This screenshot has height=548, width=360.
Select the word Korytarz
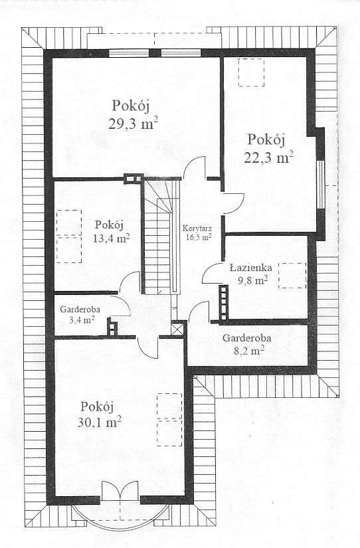click(196, 227)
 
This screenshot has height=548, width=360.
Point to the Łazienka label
click(250, 268)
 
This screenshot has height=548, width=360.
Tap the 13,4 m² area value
click(111, 238)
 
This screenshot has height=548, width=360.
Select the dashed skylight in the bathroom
click(292, 276)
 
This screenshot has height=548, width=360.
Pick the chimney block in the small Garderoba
click(113, 327)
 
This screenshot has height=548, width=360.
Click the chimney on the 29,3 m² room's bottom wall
click(133, 177)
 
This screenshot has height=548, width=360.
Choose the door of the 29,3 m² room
click(195, 168)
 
